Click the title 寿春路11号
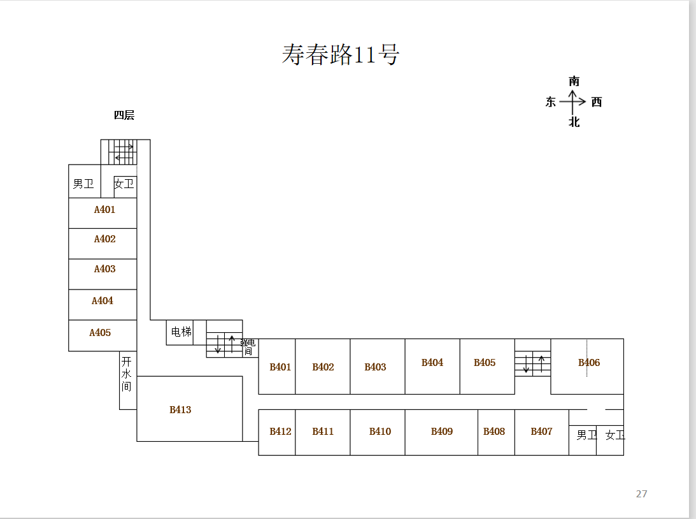341,55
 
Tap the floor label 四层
124,115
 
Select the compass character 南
574,82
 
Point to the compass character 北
574,122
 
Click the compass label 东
551,102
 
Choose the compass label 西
597,102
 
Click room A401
104,210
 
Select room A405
100,333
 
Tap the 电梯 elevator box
181,332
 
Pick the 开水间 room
127,374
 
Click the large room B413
180,410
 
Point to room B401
280,367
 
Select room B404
432,363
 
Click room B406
589,363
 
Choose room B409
441,432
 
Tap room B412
280,432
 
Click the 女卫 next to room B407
614,435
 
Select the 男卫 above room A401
83,184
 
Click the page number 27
641,494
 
